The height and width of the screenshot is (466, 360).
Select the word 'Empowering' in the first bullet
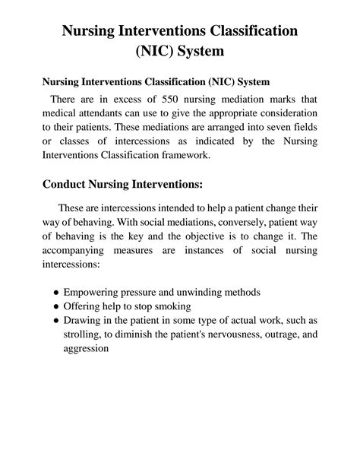pyautogui.click(x=93, y=292)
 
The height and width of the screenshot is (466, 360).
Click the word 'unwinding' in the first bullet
pyautogui.click(x=209, y=292)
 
